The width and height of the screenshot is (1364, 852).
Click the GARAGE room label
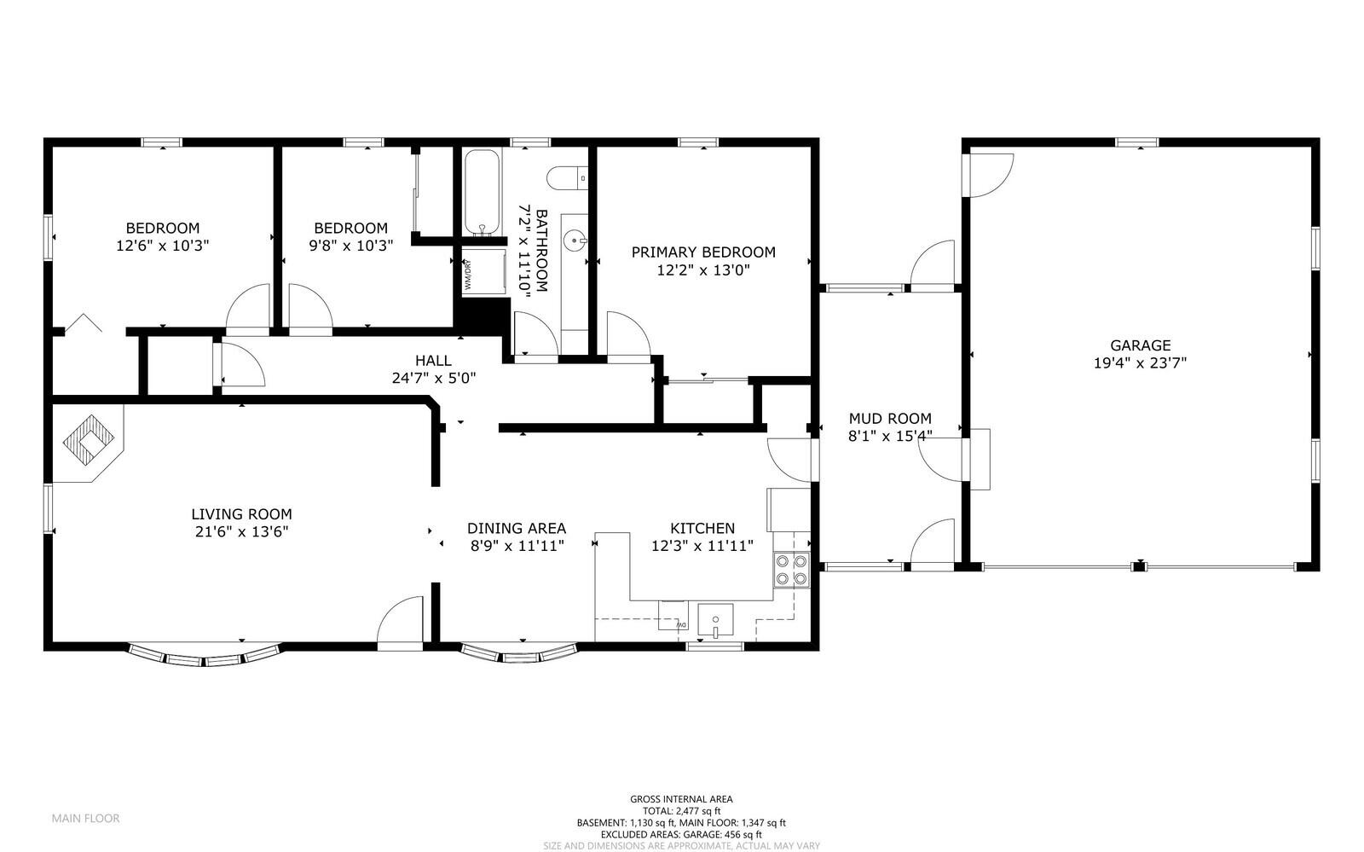1140,345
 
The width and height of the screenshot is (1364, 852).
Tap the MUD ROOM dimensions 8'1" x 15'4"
890,435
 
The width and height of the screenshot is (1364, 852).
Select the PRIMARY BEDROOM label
703,252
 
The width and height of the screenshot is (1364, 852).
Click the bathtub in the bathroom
482,193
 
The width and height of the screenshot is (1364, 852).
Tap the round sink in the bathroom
577,242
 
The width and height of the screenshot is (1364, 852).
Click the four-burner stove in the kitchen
790,570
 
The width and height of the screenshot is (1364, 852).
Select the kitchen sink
715,620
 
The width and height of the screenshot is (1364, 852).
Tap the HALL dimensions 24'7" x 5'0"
433,378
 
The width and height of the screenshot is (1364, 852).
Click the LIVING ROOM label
241,514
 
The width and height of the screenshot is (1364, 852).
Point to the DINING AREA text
516,529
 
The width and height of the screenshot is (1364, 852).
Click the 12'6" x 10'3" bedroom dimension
163,245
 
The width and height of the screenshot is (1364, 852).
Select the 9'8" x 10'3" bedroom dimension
350,245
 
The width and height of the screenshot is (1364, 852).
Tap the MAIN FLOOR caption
85,818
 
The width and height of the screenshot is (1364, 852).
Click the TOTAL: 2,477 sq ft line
681,811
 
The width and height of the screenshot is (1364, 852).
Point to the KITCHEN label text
702,529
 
